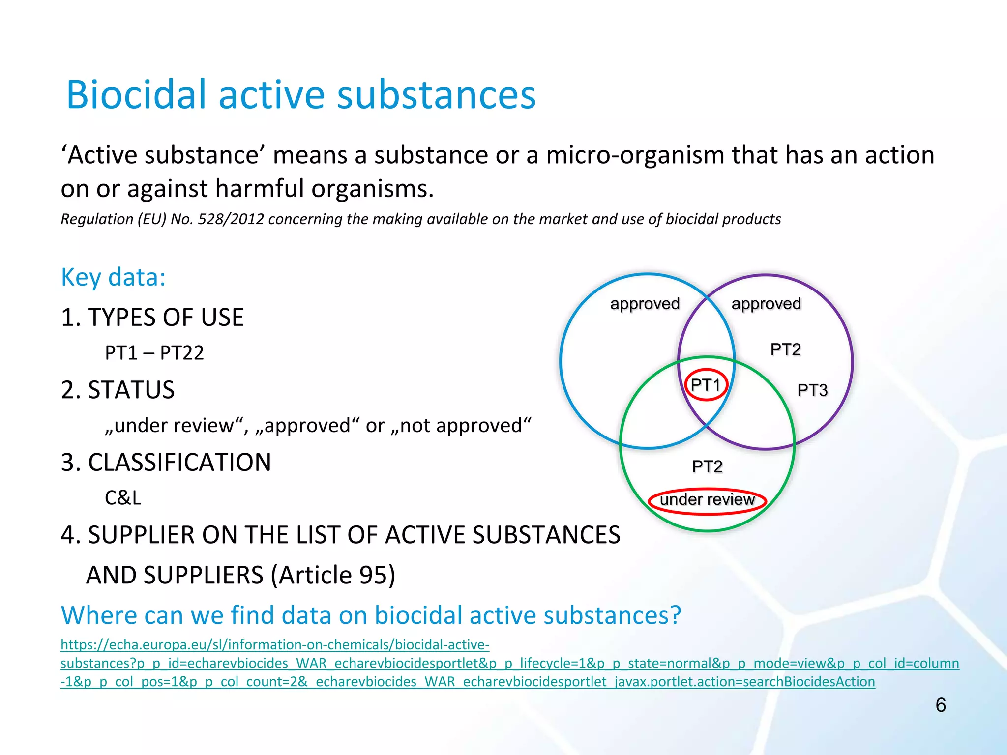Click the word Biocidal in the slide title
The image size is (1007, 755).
pyautogui.click(x=136, y=94)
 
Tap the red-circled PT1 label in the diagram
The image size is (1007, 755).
pyautogui.click(x=706, y=385)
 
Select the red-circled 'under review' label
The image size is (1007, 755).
pyautogui.click(x=707, y=500)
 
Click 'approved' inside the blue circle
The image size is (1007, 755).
pyautogui.click(x=645, y=304)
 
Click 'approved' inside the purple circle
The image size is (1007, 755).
pyautogui.click(x=766, y=304)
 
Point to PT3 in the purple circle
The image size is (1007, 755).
pyautogui.click(x=812, y=390)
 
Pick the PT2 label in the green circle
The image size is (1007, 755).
pyautogui.click(x=707, y=466)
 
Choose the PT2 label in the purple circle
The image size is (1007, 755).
pyautogui.click(x=785, y=349)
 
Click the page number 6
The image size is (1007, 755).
pyautogui.click(x=940, y=705)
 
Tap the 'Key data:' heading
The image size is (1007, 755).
pyautogui.click(x=113, y=277)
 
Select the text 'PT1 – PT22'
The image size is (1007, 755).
pyautogui.click(x=154, y=353)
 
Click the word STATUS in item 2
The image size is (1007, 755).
pyautogui.click(x=131, y=390)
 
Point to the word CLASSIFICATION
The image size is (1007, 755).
pyautogui.click(x=179, y=463)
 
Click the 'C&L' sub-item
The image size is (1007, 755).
pyautogui.click(x=123, y=498)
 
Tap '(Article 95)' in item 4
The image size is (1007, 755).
pyautogui.click(x=332, y=575)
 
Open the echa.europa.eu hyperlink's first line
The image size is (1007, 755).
pyautogui.click(x=274, y=644)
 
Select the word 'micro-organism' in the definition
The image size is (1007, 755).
pyautogui.click(x=635, y=155)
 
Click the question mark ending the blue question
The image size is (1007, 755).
pyautogui.click(x=675, y=615)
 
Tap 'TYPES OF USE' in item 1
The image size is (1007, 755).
pyautogui.click(x=165, y=318)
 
